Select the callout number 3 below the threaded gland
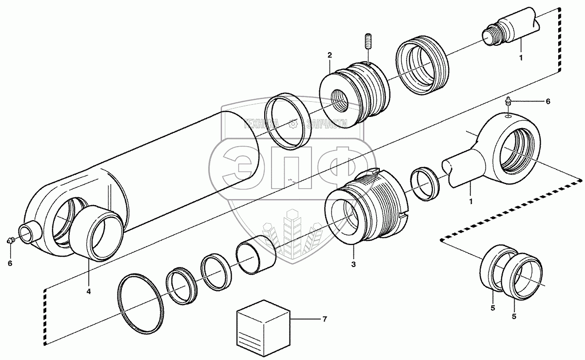[x=353, y=265]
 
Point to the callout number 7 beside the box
[x=324, y=319]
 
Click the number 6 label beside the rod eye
[x=547, y=101]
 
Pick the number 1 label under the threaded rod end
[x=521, y=57]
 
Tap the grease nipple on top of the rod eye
[x=507, y=103]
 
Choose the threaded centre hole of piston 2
[x=340, y=103]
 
